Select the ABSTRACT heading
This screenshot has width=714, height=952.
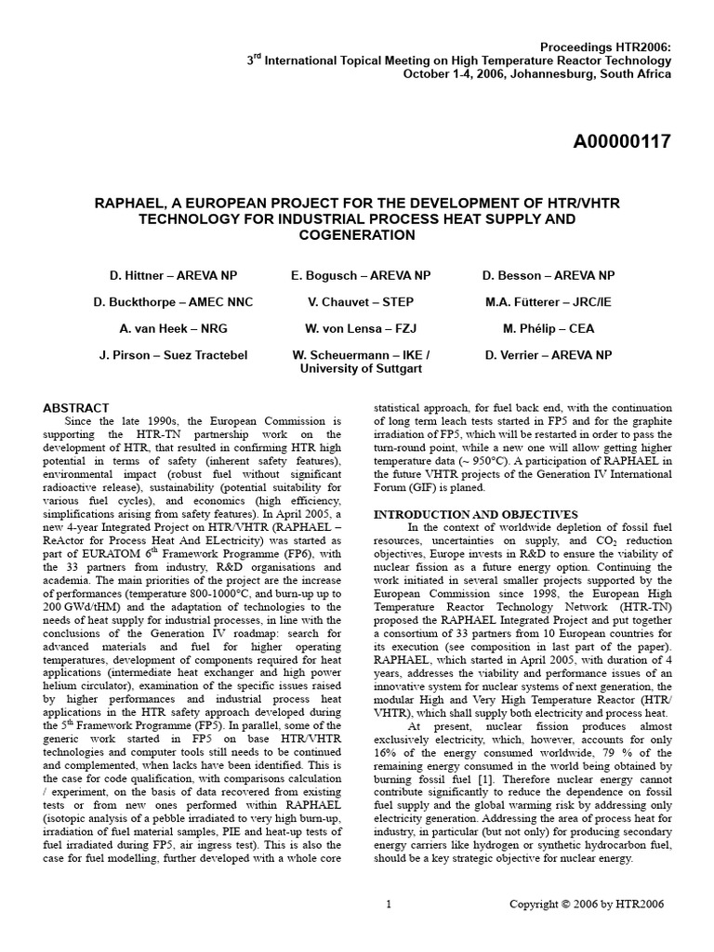pyautogui.click(x=76, y=407)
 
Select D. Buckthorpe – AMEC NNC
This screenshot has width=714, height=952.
pyautogui.click(x=173, y=302)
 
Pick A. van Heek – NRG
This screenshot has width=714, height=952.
pyautogui.click(x=173, y=328)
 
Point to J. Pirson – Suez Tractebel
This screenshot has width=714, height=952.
pyautogui.click(x=173, y=355)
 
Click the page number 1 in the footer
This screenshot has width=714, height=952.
pyautogui.click(x=388, y=904)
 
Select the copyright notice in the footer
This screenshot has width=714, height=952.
pyautogui.click(x=588, y=904)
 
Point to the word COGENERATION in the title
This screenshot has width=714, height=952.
pyautogui.click(x=357, y=235)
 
